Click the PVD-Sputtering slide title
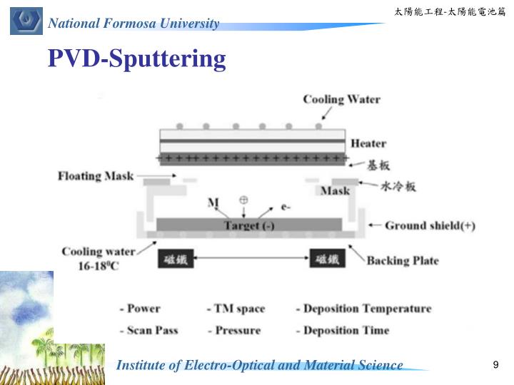click(x=137, y=58)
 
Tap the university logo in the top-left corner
click(x=26, y=19)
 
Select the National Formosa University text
click(x=133, y=24)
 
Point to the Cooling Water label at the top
click(x=341, y=99)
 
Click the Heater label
click(x=368, y=143)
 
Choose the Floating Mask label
click(x=95, y=175)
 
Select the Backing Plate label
click(x=403, y=260)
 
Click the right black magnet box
click(x=328, y=260)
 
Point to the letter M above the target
click(x=213, y=203)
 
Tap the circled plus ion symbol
click(x=243, y=200)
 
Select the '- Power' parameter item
click(x=140, y=309)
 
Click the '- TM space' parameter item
click(x=236, y=309)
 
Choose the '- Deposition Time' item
click(x=342, y=330)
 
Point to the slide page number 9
click(x=495, y=366)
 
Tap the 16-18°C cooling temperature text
click(x=97, y=265)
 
